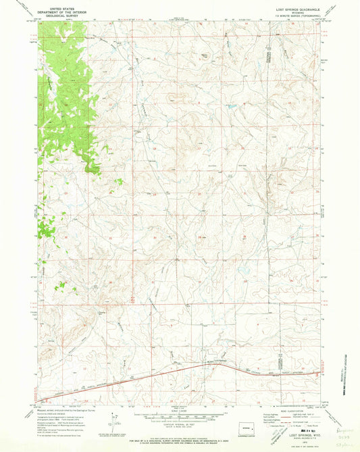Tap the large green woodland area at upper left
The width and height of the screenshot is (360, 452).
click(68, 95)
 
